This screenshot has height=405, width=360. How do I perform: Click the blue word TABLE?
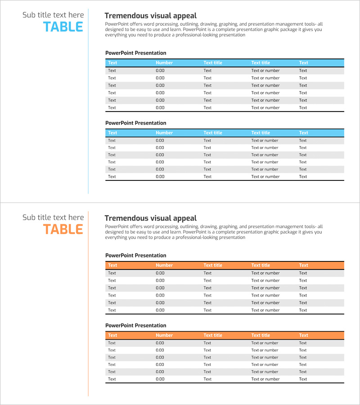[x=63, y=27]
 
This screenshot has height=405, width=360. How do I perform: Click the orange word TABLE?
[x=63, y=229]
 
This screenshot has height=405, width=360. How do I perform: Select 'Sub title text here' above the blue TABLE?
[x=53, y=15]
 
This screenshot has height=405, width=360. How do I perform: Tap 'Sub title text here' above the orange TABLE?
[x=53, y=217]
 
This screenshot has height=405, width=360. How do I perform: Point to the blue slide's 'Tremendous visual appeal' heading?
[x=150, y=16]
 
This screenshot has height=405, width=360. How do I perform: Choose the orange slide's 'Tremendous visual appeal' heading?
[x=150, y=218]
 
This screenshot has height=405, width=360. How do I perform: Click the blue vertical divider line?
[x=88, y=101]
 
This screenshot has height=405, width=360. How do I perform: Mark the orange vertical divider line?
[x=88, y=304]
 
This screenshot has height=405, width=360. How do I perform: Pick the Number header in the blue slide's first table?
[x=164, y=63]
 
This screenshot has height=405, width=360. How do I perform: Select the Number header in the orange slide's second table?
[x=164, y=335]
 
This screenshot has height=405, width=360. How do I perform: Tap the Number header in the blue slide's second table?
[x=164, y=133]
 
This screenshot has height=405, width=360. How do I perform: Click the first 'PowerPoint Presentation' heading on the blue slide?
[x=135, y=53]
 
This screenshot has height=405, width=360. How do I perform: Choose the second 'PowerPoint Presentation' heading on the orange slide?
[x=135, y=325]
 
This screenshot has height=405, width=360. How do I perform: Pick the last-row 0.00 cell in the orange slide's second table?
[x=160, y=379]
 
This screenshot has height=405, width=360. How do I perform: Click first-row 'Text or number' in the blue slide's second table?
[x=265, y=140]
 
